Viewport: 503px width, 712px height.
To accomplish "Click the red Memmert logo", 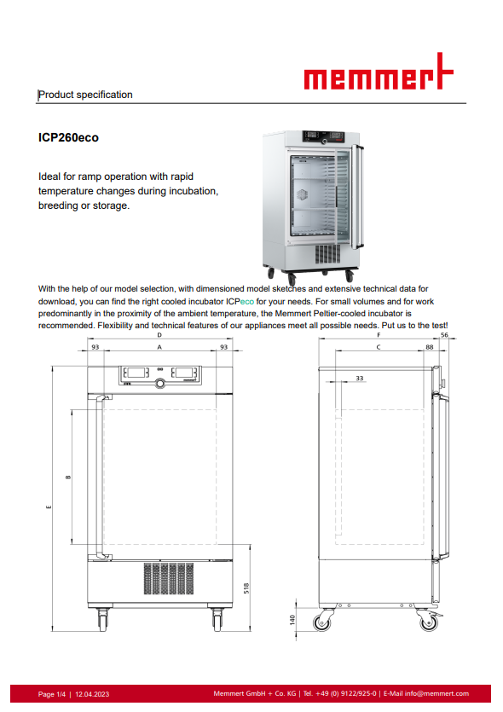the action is point(379,72).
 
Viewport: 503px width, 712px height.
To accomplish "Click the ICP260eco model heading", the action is point(68,137).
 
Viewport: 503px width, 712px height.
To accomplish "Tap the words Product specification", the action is point(86,95).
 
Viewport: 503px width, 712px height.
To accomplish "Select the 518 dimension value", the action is point(246,588).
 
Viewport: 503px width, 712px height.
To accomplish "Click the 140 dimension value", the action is point(292,619).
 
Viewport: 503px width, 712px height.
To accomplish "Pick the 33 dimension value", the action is point(360,378).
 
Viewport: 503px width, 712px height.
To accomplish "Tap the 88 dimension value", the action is point(430,347).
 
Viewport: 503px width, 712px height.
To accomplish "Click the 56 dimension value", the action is point(444,335).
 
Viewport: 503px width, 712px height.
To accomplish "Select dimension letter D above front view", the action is point(159,335).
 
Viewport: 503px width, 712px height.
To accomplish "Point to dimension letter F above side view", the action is point(379,335).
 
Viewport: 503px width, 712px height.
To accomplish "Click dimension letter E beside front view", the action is point(49,507).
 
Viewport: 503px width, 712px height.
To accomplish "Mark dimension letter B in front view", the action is point(68,477).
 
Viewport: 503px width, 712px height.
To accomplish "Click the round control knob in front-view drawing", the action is point(160,384).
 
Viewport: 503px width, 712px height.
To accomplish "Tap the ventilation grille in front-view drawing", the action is point(169,578).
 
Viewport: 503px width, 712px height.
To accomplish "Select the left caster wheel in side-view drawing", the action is point(322,621).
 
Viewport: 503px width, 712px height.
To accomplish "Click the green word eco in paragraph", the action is point(247,301).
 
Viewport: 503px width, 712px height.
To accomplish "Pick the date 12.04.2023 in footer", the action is point(92,694).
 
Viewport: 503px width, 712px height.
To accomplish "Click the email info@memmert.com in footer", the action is point(437,693).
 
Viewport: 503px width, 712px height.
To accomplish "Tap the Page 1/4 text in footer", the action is point(52,694).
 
